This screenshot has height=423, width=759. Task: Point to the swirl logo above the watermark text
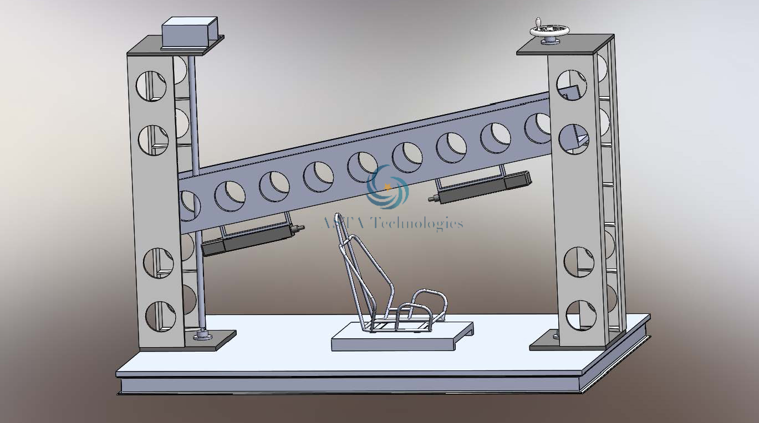(388, 187)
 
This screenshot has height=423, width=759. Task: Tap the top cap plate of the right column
(565, 45)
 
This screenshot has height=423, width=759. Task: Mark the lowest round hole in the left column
(160, 316)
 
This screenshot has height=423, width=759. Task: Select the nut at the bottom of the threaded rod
(201, 334)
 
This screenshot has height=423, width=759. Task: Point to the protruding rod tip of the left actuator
(300, 228)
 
